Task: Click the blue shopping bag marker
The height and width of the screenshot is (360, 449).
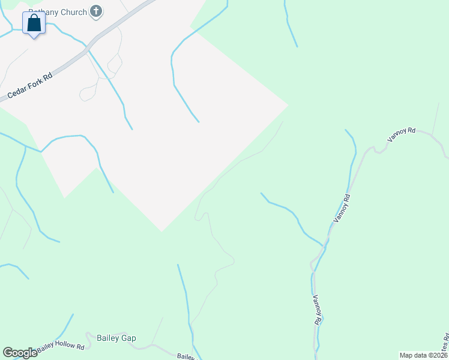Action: (35, 24)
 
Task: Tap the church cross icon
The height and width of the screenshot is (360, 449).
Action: (95, 11)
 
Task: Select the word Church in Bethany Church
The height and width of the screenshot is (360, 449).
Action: (71, 11)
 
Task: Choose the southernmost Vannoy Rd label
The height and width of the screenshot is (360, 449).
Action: (316, 309)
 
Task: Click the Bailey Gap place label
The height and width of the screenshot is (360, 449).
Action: (116, 338)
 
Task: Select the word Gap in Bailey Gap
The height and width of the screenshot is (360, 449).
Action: (128, 338)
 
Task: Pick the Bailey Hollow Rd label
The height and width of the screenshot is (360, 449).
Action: (60, 346)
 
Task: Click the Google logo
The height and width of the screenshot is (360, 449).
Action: (20, 353)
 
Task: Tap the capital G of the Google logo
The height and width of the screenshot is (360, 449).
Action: (7, 353)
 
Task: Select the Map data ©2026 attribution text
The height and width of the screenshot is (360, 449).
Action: (423, 355)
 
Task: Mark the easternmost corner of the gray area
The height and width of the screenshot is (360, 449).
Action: (288, 106)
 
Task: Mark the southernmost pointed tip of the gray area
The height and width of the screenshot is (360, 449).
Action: (161, 231)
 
